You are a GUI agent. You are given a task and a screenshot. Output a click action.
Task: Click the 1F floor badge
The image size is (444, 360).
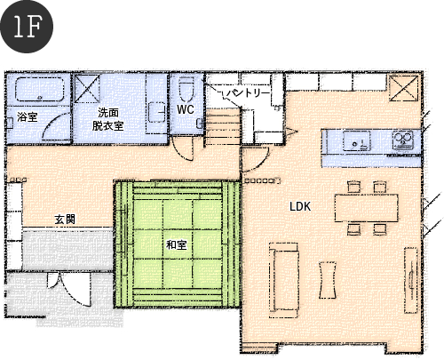[x=27, y=27]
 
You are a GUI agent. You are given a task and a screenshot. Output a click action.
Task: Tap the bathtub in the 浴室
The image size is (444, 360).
[x=40, y=89]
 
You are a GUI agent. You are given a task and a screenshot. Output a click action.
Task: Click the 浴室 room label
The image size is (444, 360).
[x=28, y=116]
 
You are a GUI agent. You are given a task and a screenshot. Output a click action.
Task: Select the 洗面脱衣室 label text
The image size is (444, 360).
[x=107, y=119]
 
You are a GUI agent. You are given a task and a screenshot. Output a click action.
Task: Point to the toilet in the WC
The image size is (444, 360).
[x=186, y=88]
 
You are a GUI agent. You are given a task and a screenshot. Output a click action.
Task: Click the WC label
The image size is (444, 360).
[x=186, y=109]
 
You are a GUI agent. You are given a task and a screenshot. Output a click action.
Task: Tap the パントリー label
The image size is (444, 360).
[x=248, y=93]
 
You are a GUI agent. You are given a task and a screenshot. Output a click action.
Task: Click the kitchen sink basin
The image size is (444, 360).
[x=357, y=140]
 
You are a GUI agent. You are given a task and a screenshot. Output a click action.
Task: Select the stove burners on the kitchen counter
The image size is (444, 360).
[x=402, y=140]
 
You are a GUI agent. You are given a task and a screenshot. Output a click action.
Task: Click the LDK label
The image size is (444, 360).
[x=300, y=206]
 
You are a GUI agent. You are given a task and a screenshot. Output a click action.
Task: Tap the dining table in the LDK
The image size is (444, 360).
[x=366, y=208]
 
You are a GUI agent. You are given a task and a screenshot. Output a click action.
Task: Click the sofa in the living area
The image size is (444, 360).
[x=283, y=280]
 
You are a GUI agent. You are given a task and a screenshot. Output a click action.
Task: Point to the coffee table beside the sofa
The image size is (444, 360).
[x=328, y=280]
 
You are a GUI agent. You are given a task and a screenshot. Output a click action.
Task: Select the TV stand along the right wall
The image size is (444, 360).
[x=411, y=280]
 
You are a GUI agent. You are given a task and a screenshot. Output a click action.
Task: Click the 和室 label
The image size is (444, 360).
[x=177, y=245]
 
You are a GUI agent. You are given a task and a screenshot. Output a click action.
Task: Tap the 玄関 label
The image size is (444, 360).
[x=65, y=220]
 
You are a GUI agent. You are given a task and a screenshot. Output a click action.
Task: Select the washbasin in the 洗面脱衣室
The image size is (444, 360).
[x=156, y=112]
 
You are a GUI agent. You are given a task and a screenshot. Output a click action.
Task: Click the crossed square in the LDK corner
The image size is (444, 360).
[x=403, y=88]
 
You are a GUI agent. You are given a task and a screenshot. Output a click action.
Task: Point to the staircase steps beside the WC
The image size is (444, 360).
[x=223, y=126]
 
